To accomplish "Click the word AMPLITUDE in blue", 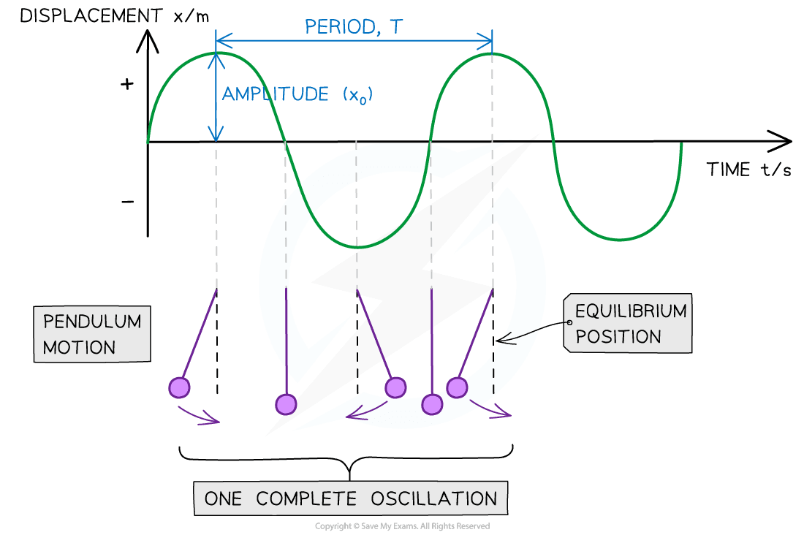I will coord(275,94).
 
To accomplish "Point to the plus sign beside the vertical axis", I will coord(128,84).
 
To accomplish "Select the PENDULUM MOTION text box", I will coord(91,334).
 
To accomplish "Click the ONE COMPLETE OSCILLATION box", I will coord(351,499).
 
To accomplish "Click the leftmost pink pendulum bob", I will coord(178,387).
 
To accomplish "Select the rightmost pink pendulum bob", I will coord(457,387).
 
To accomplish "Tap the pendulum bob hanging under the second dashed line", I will coord(286,403).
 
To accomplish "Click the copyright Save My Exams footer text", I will coord(402,526).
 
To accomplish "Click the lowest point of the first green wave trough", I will coord(357,248).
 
